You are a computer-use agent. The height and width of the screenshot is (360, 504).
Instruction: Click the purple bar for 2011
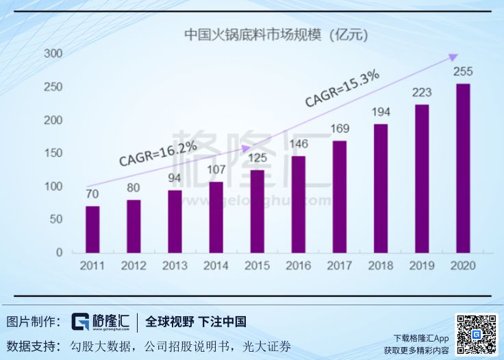(92, 229)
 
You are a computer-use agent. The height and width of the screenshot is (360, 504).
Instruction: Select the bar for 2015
(257, 211)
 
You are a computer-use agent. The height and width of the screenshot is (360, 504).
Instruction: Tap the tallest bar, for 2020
(463, 168)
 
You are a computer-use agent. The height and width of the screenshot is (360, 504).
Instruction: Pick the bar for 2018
(381, 188)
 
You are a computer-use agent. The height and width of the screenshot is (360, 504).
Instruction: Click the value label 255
(463, 72)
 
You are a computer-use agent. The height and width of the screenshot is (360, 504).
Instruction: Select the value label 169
(340, 128)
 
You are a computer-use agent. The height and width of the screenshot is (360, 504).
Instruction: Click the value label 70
(92, 194)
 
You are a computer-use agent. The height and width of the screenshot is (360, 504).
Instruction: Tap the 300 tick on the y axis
(53, 53)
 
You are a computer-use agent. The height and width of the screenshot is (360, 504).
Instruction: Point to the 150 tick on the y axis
(53, 153)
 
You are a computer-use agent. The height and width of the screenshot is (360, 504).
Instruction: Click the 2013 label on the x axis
(175, 266)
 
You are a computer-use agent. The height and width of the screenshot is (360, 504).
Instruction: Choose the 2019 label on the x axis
(422, 266)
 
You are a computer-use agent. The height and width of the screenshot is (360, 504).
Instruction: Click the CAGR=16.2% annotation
(158, 153)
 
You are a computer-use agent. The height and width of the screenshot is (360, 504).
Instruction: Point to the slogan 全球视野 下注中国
(196, 322)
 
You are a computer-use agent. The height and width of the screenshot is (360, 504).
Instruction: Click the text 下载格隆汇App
(420, 338)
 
